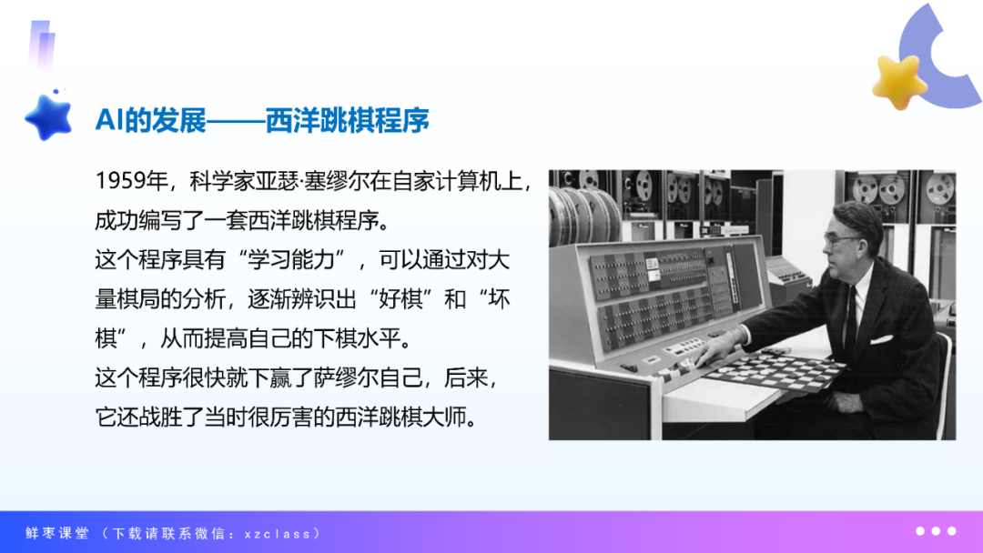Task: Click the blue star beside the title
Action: click(x=49, y=117)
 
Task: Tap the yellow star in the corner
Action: click(x=899, y=82)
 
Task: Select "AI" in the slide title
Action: click(x=109, y=120)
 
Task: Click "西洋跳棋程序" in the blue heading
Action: click(x=348, y=120)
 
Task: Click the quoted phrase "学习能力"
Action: click(x=291, y=259)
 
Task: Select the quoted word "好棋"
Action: click(x=400, y=299)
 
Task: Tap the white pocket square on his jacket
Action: click(x=881, y=339)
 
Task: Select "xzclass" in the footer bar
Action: click(x=278, y=534)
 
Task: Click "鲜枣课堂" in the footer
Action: click(x=57, y=534)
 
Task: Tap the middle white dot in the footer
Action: click(x=936, y=531)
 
